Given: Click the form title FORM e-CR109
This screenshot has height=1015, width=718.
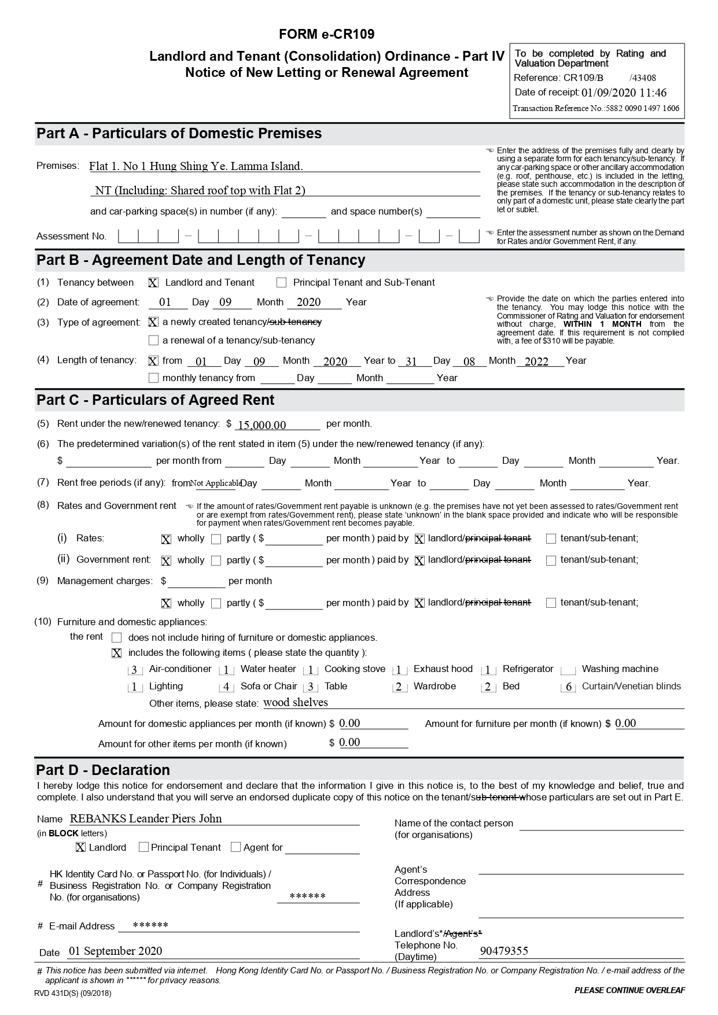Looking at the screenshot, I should (326, 35).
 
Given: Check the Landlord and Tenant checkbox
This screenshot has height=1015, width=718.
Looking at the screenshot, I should (153, 283).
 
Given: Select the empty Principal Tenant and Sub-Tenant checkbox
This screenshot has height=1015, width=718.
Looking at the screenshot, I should (282, 283).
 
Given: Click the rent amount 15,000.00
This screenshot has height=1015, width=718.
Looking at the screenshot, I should (262, 425).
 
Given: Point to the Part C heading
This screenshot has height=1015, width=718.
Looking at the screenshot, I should (155, 400).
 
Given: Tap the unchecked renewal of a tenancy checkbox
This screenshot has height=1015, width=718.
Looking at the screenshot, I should (153, 341).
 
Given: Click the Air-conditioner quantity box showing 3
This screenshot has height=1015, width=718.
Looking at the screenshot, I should (134, 670).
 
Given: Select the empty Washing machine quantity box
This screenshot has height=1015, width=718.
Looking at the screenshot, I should (568, 670).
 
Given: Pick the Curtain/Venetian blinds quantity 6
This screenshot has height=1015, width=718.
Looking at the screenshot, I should (568, 688).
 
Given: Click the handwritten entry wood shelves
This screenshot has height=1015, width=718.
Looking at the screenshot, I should (296, 703).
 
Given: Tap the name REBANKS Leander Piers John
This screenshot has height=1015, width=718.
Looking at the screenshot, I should (146, 819).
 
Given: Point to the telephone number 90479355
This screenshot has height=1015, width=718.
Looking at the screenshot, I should (504, 951).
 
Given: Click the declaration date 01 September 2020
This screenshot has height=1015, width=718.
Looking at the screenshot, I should (115, 951).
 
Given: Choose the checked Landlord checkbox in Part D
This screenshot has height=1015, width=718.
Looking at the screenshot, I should (80, 847).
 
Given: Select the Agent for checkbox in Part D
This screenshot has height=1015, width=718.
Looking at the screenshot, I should (235, 847).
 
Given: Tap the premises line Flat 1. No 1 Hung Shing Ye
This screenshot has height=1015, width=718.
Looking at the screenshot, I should (196, 167).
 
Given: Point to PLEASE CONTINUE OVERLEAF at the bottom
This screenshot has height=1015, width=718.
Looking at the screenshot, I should (629, 990).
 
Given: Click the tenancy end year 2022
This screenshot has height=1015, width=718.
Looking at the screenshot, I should (536, 362).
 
